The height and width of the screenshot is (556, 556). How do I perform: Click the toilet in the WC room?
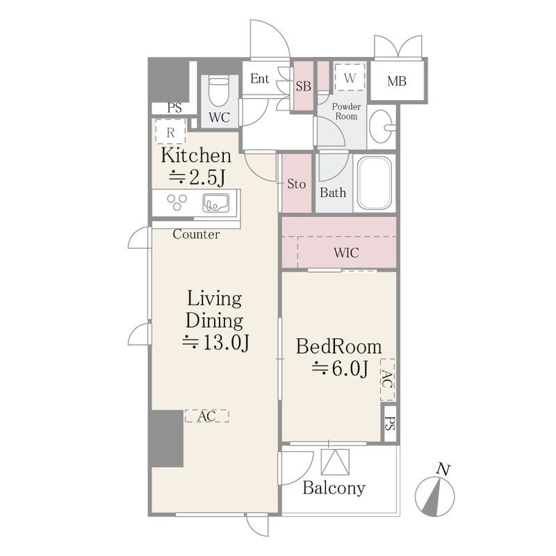(x=218, y=91)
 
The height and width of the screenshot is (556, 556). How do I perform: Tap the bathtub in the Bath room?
(x=375, y=183)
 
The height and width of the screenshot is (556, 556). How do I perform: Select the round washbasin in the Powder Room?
(x=382, y=126)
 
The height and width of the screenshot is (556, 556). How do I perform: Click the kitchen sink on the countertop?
(x=215, y=203)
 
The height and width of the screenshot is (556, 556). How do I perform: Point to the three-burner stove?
(x=177, y=202)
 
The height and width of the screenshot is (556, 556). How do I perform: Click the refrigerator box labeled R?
(x=170, y=131)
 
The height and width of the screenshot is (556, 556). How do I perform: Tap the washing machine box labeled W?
(x=350, y=77)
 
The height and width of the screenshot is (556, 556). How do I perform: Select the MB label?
(x=397, y=81)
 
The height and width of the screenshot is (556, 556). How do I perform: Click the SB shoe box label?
(x=303, y=86)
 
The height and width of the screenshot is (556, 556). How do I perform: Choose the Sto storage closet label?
(x=296, y=183)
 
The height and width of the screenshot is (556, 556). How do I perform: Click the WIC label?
(x=346, y=253)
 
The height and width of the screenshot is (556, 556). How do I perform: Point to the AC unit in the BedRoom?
(x=388, y=379)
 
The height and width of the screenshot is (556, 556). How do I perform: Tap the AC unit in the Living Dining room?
(x=206, y=416)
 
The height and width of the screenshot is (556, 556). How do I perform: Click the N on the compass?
(x=443, y=469)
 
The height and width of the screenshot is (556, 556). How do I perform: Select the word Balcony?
(x=334, y=489)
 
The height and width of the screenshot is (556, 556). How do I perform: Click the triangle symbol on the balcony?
(x=335, y=461)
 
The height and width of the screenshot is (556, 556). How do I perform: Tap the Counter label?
(x=196, y=234)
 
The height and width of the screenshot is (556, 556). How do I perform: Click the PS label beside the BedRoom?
(x=390, y=423)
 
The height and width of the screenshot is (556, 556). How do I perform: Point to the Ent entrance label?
(x=259, y=79)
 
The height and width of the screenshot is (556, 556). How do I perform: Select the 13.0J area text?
(x=215, y=342)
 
